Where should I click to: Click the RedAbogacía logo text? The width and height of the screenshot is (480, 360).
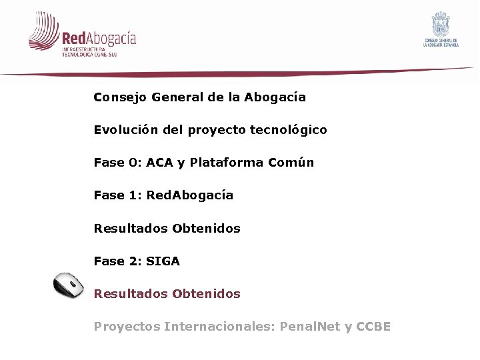99,38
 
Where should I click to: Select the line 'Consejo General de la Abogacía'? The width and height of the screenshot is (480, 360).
199,97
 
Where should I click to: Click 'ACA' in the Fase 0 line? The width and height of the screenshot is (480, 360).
159,163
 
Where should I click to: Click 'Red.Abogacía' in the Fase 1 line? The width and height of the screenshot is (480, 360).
189,195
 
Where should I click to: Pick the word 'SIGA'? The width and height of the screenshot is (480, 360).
163,261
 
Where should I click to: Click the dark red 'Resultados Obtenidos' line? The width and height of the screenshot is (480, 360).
167,293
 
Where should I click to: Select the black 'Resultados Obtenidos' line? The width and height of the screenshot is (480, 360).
167,228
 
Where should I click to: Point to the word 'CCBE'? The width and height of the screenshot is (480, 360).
373,327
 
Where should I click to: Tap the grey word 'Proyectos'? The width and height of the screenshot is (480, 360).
126,327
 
